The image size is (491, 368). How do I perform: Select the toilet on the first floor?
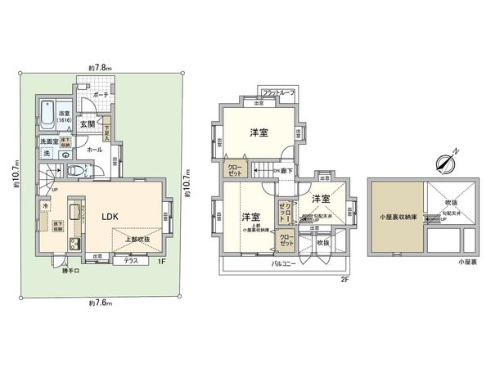tap(74, 171)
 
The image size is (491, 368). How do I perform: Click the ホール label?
tap(94, 150)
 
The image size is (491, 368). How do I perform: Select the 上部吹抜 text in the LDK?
tap(137, 240)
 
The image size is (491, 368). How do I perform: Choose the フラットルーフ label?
tap(277, 93)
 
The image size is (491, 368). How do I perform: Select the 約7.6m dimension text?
tap(99, 303)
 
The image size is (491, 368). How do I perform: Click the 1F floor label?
tap(162, 261)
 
